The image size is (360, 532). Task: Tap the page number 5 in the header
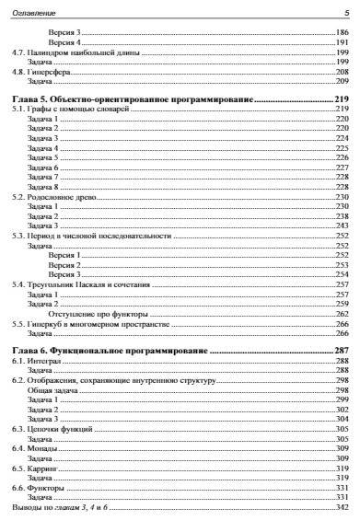pyautogui.click(x=346, y=12)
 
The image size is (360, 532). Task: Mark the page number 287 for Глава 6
pyautogui.click(x=343, y=352)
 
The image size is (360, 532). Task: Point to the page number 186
pyautogui.click(x=343, y=33)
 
